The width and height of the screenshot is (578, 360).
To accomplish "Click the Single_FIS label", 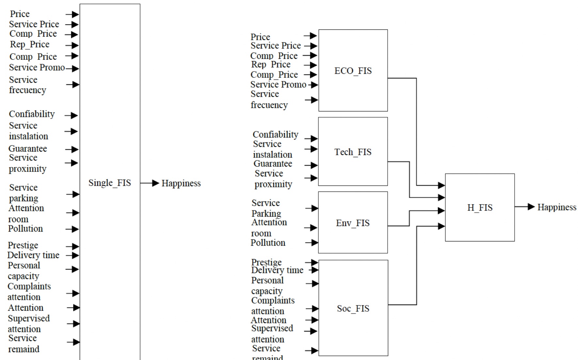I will (x=109, y=183).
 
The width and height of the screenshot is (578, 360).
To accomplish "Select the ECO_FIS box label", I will (x=353, y=71).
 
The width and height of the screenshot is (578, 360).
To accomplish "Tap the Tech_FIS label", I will (x=353, y=152).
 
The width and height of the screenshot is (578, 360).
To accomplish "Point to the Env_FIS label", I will (x=353, y=223).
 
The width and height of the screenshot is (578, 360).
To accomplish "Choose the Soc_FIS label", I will (x=353, y=309).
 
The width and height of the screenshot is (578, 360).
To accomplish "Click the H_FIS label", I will (x=480, y=208).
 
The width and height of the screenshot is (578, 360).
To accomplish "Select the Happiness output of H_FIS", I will (x=557, y=207).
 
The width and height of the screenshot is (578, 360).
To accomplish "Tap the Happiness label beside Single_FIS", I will (x=181, y=183).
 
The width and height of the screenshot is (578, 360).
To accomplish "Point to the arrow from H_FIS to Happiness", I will (x=525, y=207).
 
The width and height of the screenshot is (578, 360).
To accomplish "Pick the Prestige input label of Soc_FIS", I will (x=266, y=262).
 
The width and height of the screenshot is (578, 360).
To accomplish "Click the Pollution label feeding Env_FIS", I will (x=268, y=243).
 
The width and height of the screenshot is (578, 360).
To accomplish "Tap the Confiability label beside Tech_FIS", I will (x=275, y=135).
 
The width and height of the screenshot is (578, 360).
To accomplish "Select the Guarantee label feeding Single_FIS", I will (x=28, y=149).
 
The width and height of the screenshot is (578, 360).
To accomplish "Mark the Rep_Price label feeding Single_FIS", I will (x=29, y=44).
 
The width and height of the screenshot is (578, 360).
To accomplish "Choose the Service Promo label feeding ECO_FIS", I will (x=278, y=85).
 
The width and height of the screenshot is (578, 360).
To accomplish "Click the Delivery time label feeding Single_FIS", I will (x=33, y=255).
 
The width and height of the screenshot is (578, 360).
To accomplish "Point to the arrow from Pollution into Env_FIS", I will (x=312, y=243).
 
